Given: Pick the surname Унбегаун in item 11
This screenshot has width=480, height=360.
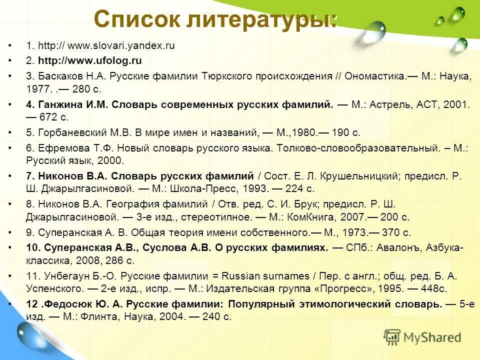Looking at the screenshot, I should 60,275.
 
